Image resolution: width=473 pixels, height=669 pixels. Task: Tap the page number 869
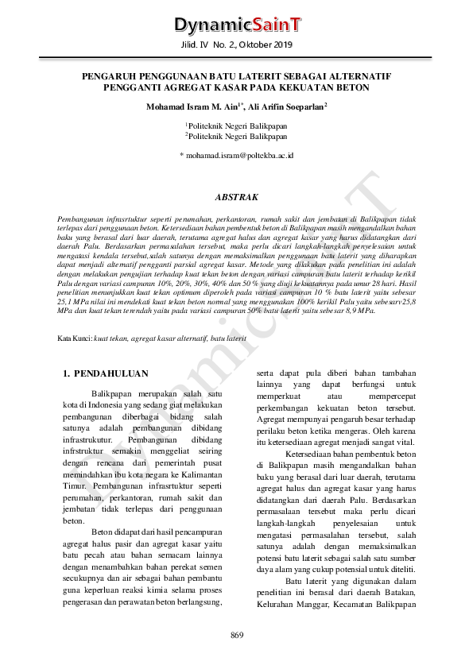tap(236, 633)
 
